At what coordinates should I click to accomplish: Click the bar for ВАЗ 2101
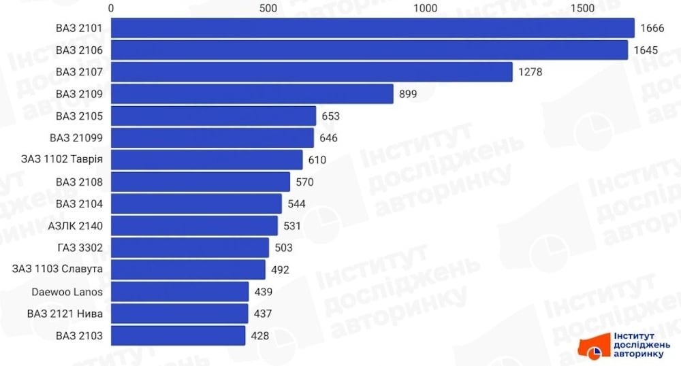373,28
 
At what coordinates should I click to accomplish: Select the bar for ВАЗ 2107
311,71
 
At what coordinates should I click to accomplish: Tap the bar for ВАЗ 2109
252,94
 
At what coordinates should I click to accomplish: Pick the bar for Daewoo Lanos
180,292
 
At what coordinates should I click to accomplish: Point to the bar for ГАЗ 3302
190,248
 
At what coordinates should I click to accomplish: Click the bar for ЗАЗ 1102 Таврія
206,160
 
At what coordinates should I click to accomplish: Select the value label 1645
644,50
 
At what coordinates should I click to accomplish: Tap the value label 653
330,116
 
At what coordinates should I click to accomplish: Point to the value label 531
291,226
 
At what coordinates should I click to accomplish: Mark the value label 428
259,335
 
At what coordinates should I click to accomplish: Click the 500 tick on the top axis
268,7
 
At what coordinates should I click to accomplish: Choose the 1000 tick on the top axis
425,7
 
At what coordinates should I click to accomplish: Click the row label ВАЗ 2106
79,50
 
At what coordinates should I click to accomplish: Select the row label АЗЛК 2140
76,226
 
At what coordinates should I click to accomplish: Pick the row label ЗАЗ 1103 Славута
57,269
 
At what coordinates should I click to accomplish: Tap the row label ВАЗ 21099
76,138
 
